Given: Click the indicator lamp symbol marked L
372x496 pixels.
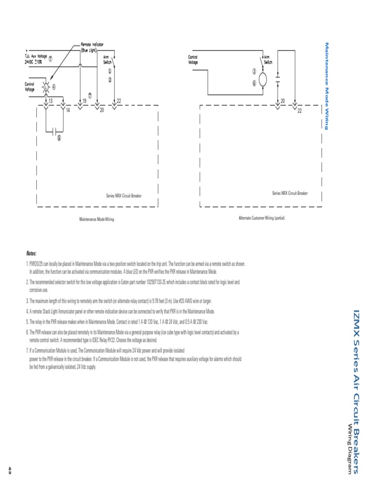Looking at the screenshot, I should (46, 88).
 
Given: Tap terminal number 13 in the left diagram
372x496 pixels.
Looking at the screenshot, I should (50, 100).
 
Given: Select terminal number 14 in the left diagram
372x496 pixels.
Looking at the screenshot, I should (68, 110).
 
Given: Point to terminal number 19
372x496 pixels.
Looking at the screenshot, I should (84, 100).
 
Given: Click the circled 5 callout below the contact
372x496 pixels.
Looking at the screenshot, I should (59, 137).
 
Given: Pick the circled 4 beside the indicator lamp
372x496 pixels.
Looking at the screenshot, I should (54, 87).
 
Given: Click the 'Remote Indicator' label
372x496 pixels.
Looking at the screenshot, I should (92, 44).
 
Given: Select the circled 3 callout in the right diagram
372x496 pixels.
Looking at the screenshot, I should (254, 71).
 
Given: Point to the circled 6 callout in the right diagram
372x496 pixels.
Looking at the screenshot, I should (254, 83).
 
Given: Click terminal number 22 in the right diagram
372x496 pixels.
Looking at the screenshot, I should (299, 111).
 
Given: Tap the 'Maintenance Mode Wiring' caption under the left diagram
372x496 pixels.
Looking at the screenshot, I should (97, 219).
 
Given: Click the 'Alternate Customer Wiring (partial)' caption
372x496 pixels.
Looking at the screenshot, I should (262, 218).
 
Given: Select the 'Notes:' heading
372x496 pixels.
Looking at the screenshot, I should (31, 253).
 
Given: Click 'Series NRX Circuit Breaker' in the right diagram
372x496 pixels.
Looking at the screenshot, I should (290, 193).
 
